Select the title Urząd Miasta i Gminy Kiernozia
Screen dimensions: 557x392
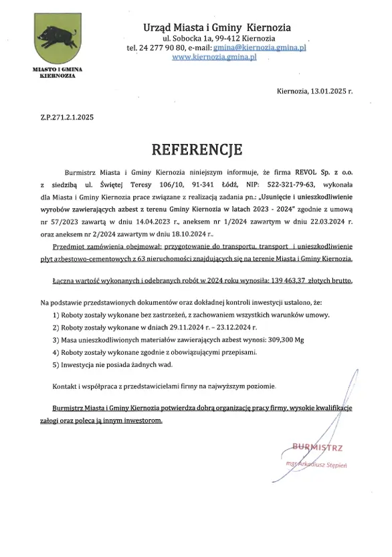217,27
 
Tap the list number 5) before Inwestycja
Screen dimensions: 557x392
56,366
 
